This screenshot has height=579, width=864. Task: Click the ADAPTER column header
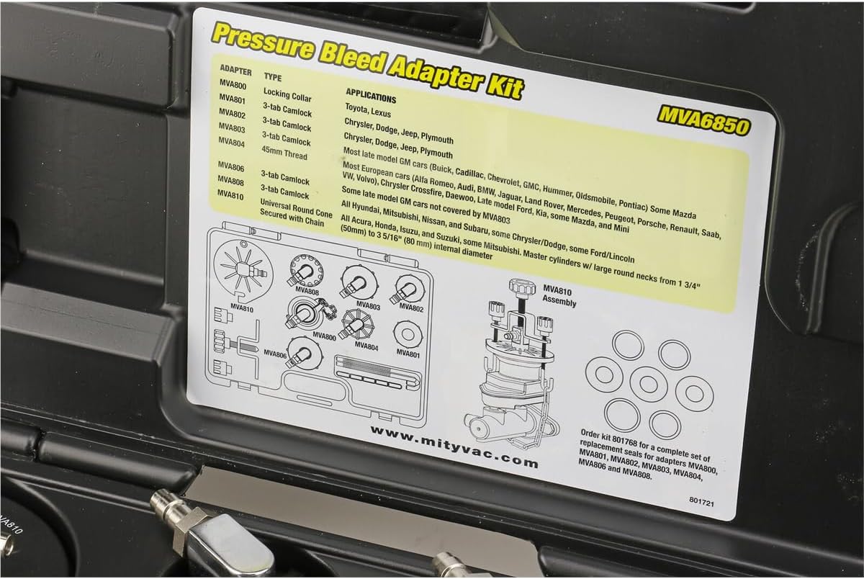click(235, 70)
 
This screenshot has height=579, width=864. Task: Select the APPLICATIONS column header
click(371, 96)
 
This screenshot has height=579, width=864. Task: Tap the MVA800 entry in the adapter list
click(233, 84)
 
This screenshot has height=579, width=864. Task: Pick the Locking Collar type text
click(287, 95)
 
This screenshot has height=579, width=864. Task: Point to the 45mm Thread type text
click(284, 153)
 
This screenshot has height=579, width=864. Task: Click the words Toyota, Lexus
click(368, 110)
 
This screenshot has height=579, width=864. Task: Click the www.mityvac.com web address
click(454, 446)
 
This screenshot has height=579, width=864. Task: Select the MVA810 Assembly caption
click(559, 295)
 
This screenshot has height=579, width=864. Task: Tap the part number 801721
click(701, 501)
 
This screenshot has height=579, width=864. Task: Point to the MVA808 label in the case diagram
click(307, 290)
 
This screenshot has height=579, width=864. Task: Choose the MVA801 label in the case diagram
click(408, 353)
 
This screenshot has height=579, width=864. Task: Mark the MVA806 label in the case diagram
click(275, 353)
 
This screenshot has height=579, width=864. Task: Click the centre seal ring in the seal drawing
click(649, 383)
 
